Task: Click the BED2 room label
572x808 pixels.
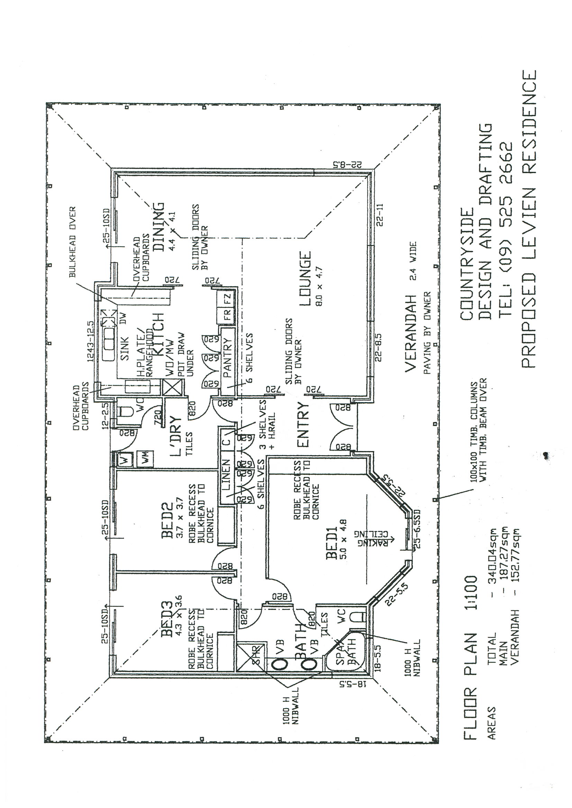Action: (167, 521)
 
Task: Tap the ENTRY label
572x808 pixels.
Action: (303, 424)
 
